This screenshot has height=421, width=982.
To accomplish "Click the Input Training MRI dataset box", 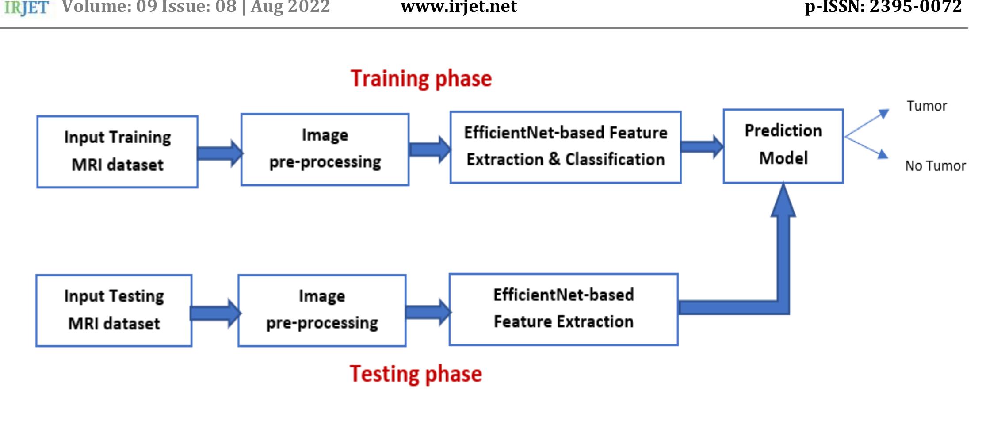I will [117, 152].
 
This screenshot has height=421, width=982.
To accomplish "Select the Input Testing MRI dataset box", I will [114, 310].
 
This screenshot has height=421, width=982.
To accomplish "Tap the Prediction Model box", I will [783, 146].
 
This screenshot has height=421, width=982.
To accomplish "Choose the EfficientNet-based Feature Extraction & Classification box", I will [566, 147].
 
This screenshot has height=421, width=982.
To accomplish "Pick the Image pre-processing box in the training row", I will [325, 149].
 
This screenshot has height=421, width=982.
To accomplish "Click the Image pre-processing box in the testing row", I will [322, 310].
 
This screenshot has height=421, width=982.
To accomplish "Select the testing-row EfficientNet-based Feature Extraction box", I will [563, 309].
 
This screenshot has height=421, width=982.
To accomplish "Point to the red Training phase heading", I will [421, 79].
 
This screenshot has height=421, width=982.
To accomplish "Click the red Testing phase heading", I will [416, 374].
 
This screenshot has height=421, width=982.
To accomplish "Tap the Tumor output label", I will [927, 106].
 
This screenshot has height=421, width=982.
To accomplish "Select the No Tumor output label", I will [935, 166].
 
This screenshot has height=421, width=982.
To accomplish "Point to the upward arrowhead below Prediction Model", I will [783, 201].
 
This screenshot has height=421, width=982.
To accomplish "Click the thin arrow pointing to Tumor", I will [867, 123].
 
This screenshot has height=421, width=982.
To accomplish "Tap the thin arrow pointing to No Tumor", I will [867, 148].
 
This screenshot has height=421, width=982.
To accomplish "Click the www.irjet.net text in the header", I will [459, 7].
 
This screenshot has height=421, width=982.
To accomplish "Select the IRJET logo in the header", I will [26, 8].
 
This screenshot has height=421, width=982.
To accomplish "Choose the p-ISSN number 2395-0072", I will [915, 7].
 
